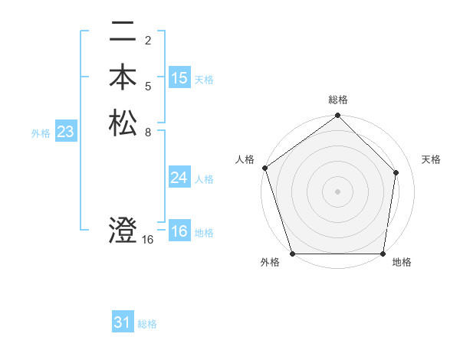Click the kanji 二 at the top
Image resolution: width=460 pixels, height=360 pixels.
(x=123, y=34)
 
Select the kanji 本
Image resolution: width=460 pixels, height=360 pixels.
(x=123, y=78)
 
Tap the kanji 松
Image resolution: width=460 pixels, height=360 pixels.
(x=123, y=123)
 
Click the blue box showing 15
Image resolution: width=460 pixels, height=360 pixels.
(x=179, y=78)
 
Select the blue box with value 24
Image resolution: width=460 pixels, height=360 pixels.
(x=179, y=178)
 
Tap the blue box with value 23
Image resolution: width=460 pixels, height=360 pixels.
(x=66, y=133)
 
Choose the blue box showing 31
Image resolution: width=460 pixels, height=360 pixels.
(x=123, y=322)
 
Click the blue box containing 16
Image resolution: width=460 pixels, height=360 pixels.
(x=179, y=231)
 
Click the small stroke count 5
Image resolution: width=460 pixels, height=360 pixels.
(x=148, y=86)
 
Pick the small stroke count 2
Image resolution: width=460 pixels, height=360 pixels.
(x=148, y=41)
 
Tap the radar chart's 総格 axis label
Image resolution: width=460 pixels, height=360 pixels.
(x=338, y=100)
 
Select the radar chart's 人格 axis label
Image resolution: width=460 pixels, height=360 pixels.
(x=245, y=159)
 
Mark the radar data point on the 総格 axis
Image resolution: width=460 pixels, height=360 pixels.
(x=338, y=116)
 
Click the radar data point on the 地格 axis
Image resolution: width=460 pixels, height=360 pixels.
(x=383, y=254)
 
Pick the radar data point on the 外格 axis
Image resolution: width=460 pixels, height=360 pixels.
(x=293, y=254)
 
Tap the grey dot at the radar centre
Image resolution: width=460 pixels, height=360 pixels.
(x=338, y=191)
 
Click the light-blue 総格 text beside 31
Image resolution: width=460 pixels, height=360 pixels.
(x=147, y=324)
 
